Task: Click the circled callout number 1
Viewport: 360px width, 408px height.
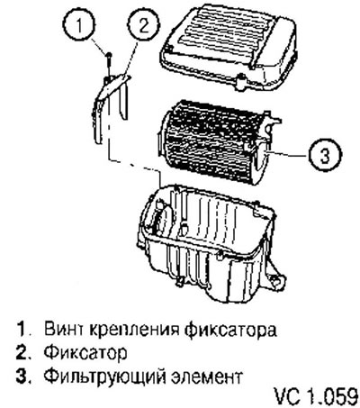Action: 79,26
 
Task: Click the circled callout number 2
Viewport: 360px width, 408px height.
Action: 143,26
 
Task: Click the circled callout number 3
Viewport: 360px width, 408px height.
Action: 325,156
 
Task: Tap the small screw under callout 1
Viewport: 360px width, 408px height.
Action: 109,64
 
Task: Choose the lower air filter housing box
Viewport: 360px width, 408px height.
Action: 210,243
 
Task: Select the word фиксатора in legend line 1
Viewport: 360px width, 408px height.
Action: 229,331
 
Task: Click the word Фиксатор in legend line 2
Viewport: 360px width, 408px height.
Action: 85,353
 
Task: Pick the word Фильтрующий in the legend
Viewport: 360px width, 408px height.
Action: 104,376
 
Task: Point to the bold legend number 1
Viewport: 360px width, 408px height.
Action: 21,330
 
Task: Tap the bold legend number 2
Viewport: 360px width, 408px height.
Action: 22,352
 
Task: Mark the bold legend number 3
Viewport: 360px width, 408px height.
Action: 22,376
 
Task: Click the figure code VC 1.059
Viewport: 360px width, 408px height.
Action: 316,396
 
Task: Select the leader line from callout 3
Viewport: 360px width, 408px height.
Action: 288,155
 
